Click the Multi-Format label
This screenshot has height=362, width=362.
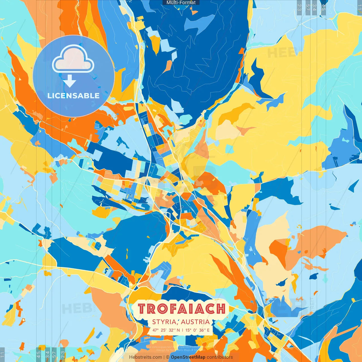[x=181, y=3]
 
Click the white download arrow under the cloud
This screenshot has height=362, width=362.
[x=70, y=81]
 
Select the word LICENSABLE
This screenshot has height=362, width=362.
[x=74, y=96]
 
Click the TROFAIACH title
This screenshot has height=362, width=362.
[x=182, y=309]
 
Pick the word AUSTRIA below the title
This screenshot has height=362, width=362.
[x=195, y=322]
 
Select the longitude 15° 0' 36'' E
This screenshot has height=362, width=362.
[x=197, y=330]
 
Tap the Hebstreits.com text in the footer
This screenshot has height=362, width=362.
[x=145, y=357]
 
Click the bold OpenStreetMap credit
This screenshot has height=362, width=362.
[x=188, y=357]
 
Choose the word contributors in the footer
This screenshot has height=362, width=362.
[x=220, y=357]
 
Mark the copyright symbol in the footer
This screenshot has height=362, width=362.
[x=167, y=357]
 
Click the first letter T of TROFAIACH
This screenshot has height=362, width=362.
[x=142, y=309]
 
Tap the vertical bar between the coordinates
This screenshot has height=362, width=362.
[x=182, y=330]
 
